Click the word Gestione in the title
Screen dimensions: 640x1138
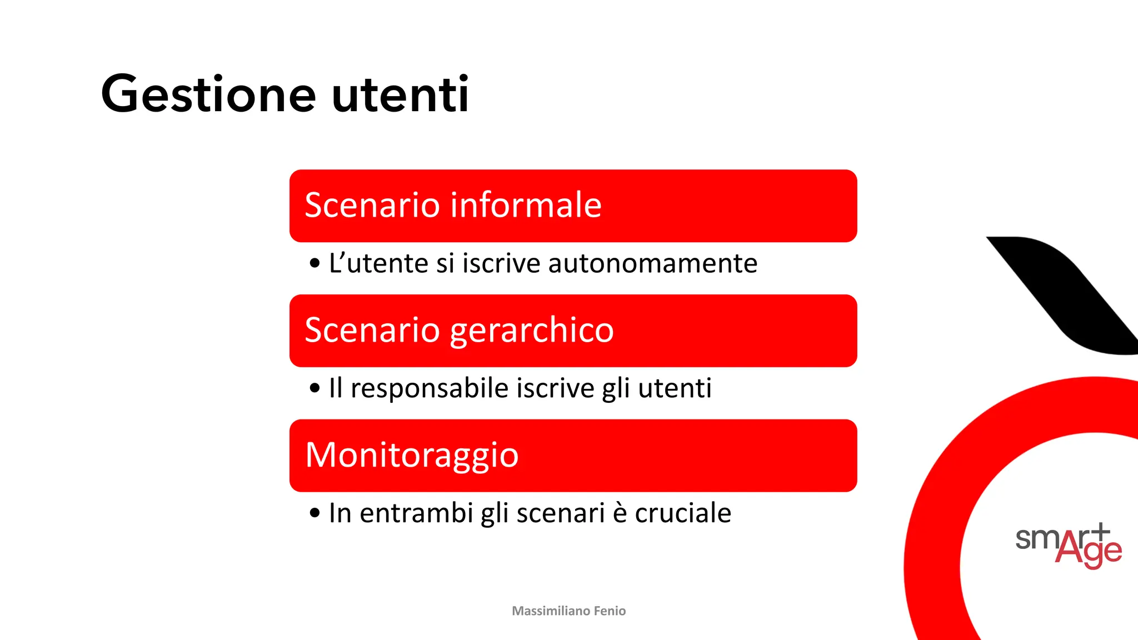tap(208, 94)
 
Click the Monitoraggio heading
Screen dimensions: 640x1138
tap(412, 455)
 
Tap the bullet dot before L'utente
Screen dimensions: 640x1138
tap(315, 263)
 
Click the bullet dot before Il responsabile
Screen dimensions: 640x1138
tap(315, 388)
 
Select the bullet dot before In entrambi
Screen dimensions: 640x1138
tap(315, 513)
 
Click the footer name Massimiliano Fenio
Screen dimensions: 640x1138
tap(568, 611)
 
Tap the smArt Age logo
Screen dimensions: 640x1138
tap(1068, 545)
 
